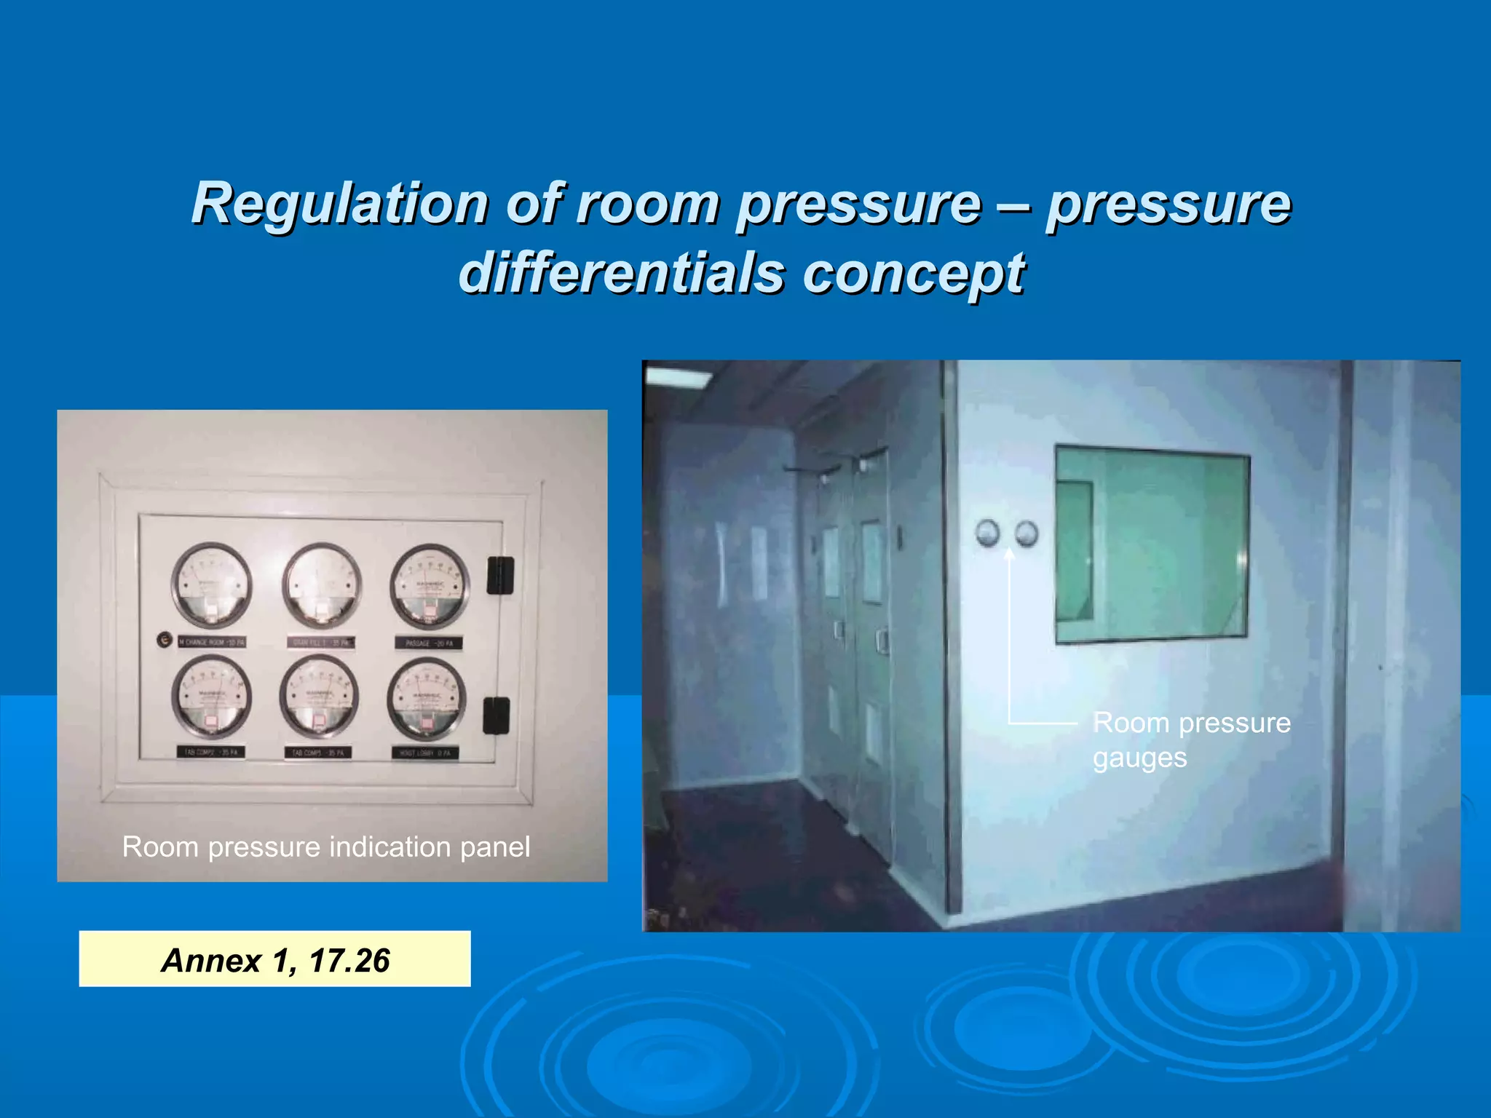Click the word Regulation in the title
(339, 204)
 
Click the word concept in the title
(914, 274)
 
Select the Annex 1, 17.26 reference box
(274, 959)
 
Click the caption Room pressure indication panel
(326, 847)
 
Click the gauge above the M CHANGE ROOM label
(211, 584)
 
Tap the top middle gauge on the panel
(321, 584)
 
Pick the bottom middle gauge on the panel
(319, 697)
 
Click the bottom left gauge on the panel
(211, 697)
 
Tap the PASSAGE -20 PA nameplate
(429, 643)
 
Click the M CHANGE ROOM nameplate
(212, 643)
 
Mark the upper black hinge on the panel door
(500, 575)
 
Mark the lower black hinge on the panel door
(497, 715)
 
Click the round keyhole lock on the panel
(165, 640)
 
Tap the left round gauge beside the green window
(987, 533)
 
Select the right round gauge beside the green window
(1027, 534)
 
